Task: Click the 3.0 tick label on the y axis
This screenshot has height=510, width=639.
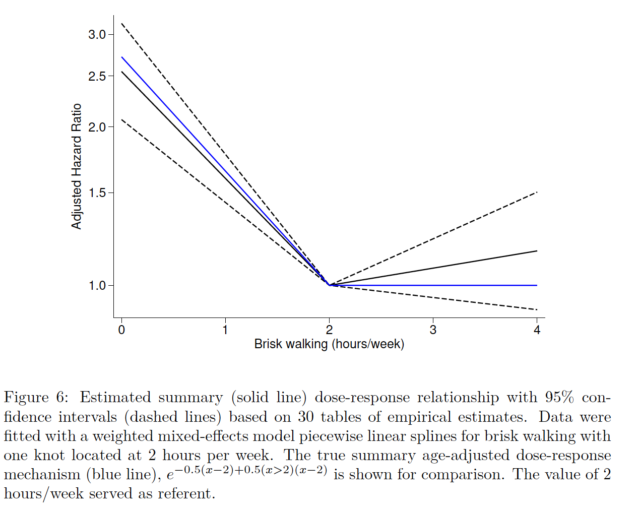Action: pos(97,35)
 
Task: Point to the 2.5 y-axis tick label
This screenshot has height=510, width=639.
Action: pos(97,76)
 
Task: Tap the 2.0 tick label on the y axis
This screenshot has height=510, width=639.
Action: pos(97,127)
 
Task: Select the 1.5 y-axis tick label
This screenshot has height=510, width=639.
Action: pos(97,193)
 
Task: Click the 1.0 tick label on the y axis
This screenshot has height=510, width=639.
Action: pos(97,286)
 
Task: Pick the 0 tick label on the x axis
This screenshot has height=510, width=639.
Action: pos(121,330)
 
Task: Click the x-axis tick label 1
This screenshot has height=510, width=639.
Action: pos(225,330)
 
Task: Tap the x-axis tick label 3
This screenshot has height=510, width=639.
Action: pos(433,330)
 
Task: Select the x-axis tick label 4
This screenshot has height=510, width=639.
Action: pos(537,330)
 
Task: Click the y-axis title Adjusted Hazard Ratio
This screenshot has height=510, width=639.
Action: pos(77,166)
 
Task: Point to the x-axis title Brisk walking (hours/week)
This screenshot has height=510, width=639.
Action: pos(329,344)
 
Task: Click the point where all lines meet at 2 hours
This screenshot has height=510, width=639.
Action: pos(330,285)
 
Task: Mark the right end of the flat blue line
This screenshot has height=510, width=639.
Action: pos(537,285)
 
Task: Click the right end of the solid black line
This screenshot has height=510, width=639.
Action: pos(537,250)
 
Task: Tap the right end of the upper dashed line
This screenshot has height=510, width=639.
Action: pos(537,192)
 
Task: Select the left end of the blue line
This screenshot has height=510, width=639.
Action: pos(122,57)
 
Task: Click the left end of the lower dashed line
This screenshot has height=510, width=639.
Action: pos(122,119)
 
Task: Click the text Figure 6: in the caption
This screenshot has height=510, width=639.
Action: pos(35,398)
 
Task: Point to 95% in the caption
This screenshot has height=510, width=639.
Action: pos(559,398)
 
